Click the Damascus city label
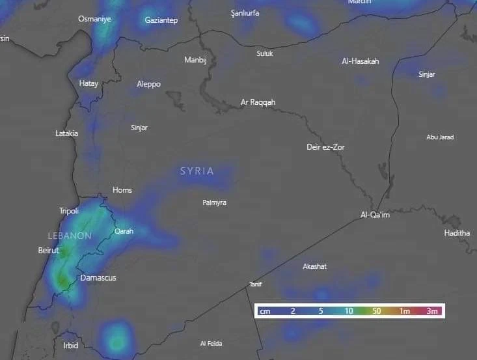(x=98, y=278)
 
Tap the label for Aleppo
(x=148, y=84)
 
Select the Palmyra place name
(x=214, y=203)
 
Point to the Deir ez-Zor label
(x=325, y=147)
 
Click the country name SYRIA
(x=197, y=171)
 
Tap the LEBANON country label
(x=69, y=236)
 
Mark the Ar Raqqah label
(x=258, y=103)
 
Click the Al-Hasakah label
(x=360, y=61)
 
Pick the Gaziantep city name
(x=161, y=21)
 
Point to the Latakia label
(x=66, y=133)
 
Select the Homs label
(x=122, y=190)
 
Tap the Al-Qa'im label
(x=375, y=215)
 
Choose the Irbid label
(x=70, y=346)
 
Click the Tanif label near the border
(x=255, y=284)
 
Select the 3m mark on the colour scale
(x=432, y=312)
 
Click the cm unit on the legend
(x=265, y=312)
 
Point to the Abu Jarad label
(x=440, y=137)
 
